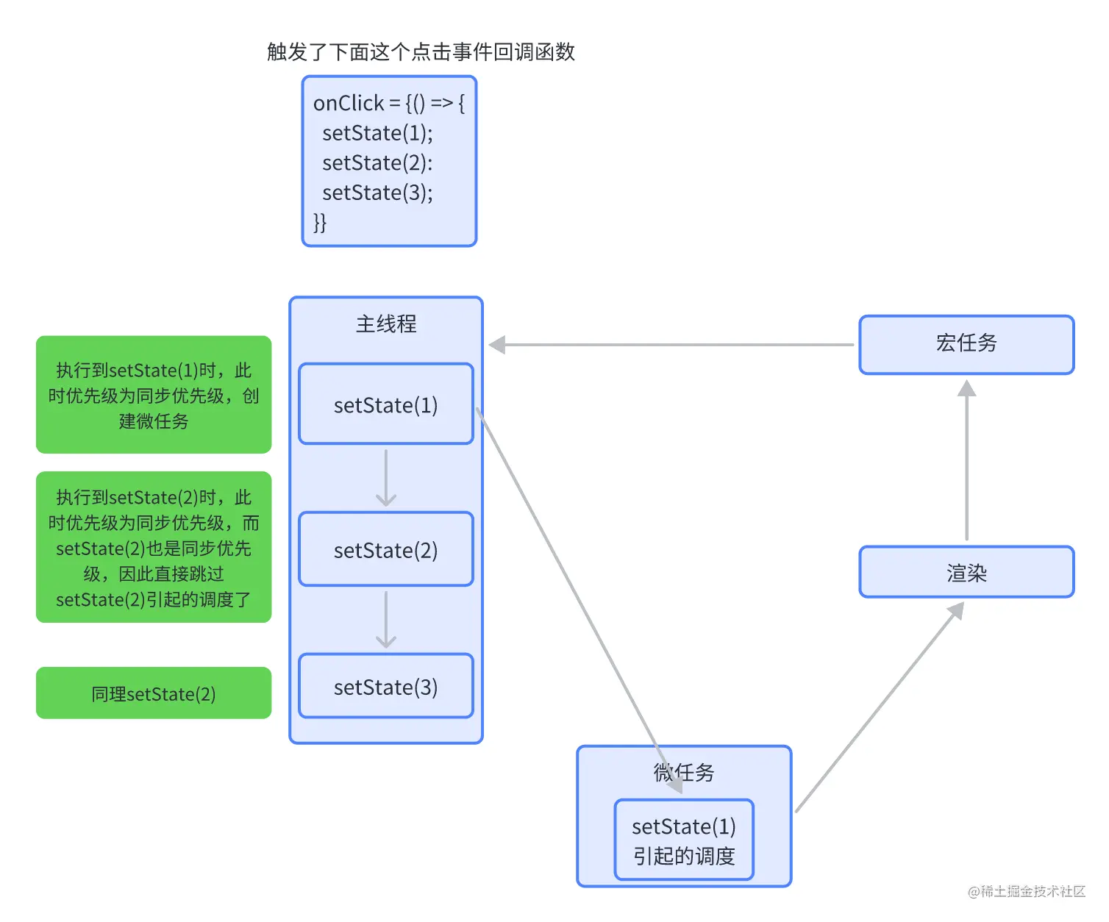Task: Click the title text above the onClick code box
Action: (421, 52)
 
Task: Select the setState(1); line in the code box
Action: (377, 133)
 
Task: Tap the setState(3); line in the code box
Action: (377, 193)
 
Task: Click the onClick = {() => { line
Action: (388, 103)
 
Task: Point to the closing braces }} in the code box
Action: (320, 222)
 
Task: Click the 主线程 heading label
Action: (386, 324)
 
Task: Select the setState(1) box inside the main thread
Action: (386, 404)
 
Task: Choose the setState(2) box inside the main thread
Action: (386, 549)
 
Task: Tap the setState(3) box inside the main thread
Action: (386, 687)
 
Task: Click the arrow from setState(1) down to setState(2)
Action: (386, 478)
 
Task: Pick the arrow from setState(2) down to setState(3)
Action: (386, 620)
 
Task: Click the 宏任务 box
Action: (966, 344)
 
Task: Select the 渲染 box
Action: (966, 572)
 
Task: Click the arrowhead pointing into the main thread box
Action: (498, 344)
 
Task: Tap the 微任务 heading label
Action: (684, 772)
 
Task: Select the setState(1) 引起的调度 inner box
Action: (684, 840)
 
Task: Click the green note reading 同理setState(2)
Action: (154, 693)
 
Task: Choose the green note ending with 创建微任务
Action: (154, 395)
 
